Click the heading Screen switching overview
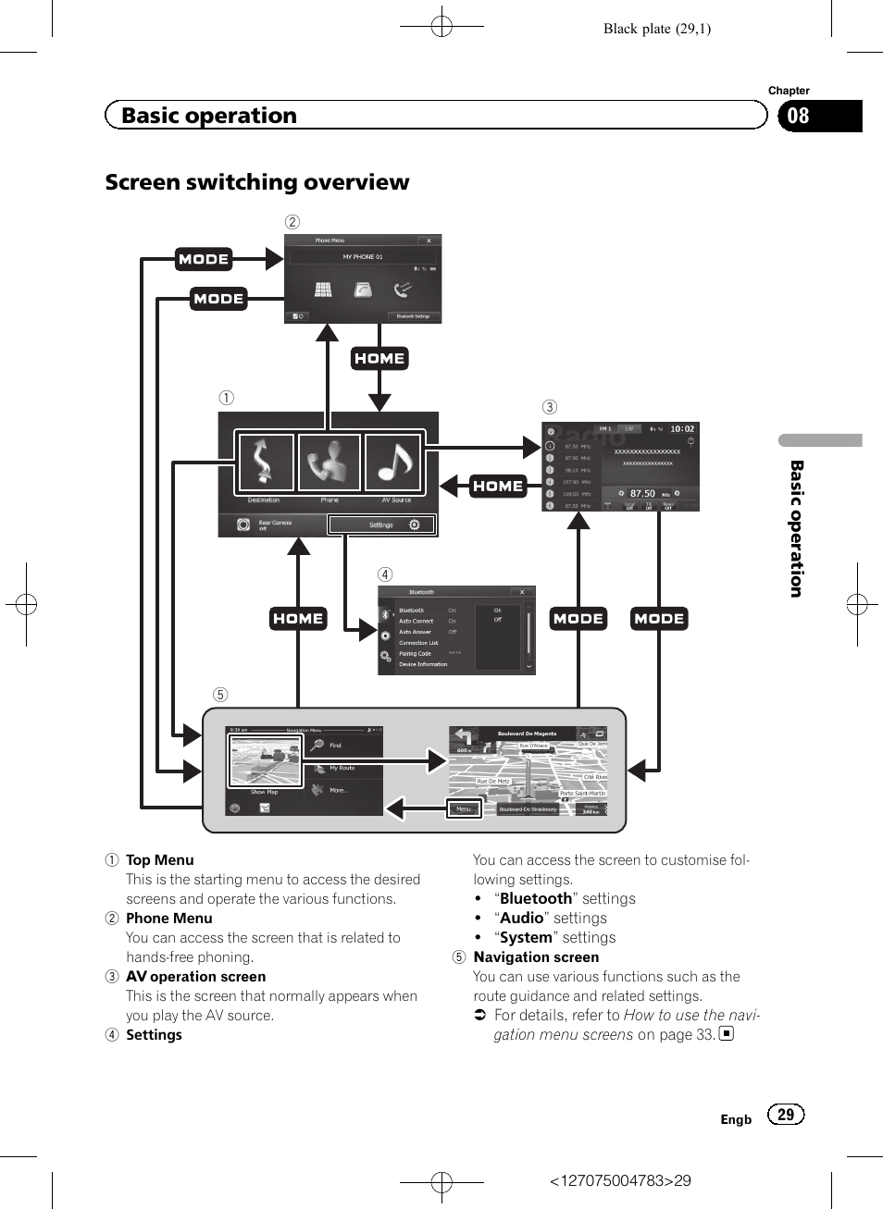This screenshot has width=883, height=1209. tap(256, 182)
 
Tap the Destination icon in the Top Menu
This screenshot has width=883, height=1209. tap(265, 463)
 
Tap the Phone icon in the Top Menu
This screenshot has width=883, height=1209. tap(330, 463)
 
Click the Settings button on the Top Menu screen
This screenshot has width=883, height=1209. tap(381, 524)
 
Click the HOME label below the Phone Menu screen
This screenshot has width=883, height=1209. tap(379, 359)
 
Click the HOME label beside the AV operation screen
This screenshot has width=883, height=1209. tap(498, 487)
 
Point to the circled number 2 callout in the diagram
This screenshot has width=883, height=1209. tap(292, 222)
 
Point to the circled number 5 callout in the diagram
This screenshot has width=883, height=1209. tap(220, 695)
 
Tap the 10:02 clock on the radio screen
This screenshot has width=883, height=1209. tap(682, 429)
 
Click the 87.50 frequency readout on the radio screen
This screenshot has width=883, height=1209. tap(642, 494)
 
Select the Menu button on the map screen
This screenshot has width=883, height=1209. tap(464, 809)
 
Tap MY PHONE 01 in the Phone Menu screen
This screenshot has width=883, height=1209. tap(363, 257)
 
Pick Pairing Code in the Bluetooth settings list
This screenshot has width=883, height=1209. tap(416, 654)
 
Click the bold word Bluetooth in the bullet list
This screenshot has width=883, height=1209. tap(536, 899)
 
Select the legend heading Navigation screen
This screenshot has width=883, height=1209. tap(536, 957)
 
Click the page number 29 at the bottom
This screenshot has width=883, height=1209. tap(786, 1115)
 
